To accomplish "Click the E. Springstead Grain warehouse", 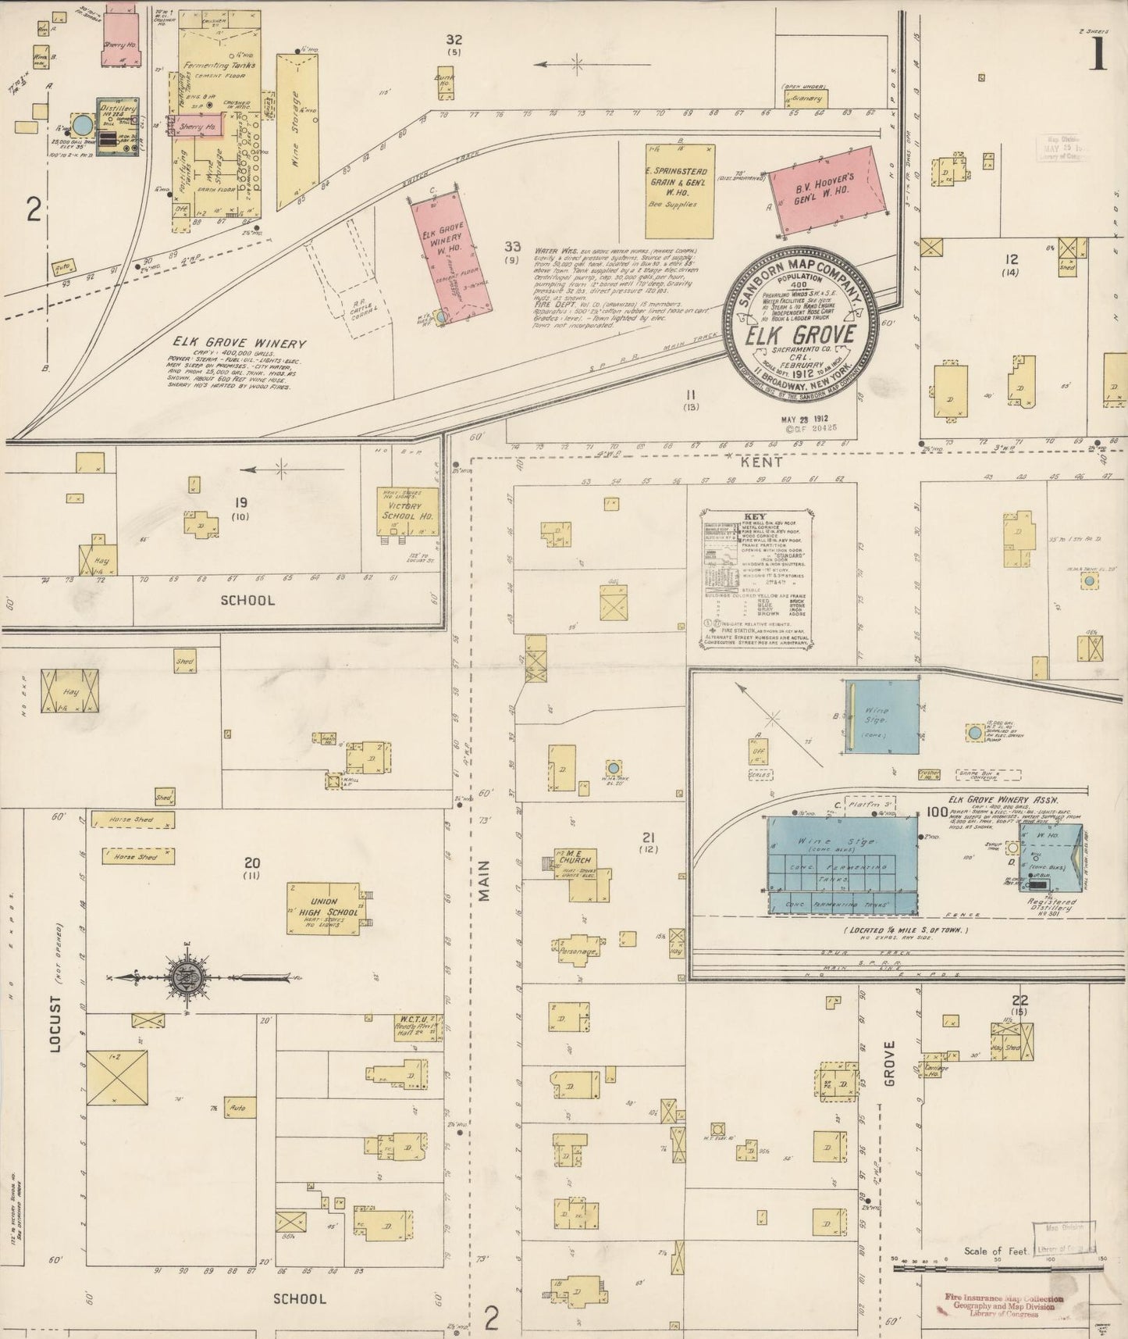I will coord(679,191).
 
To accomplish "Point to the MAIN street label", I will coord(484,880).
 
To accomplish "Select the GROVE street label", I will coord(889,1062).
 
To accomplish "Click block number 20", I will coord(251,862).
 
